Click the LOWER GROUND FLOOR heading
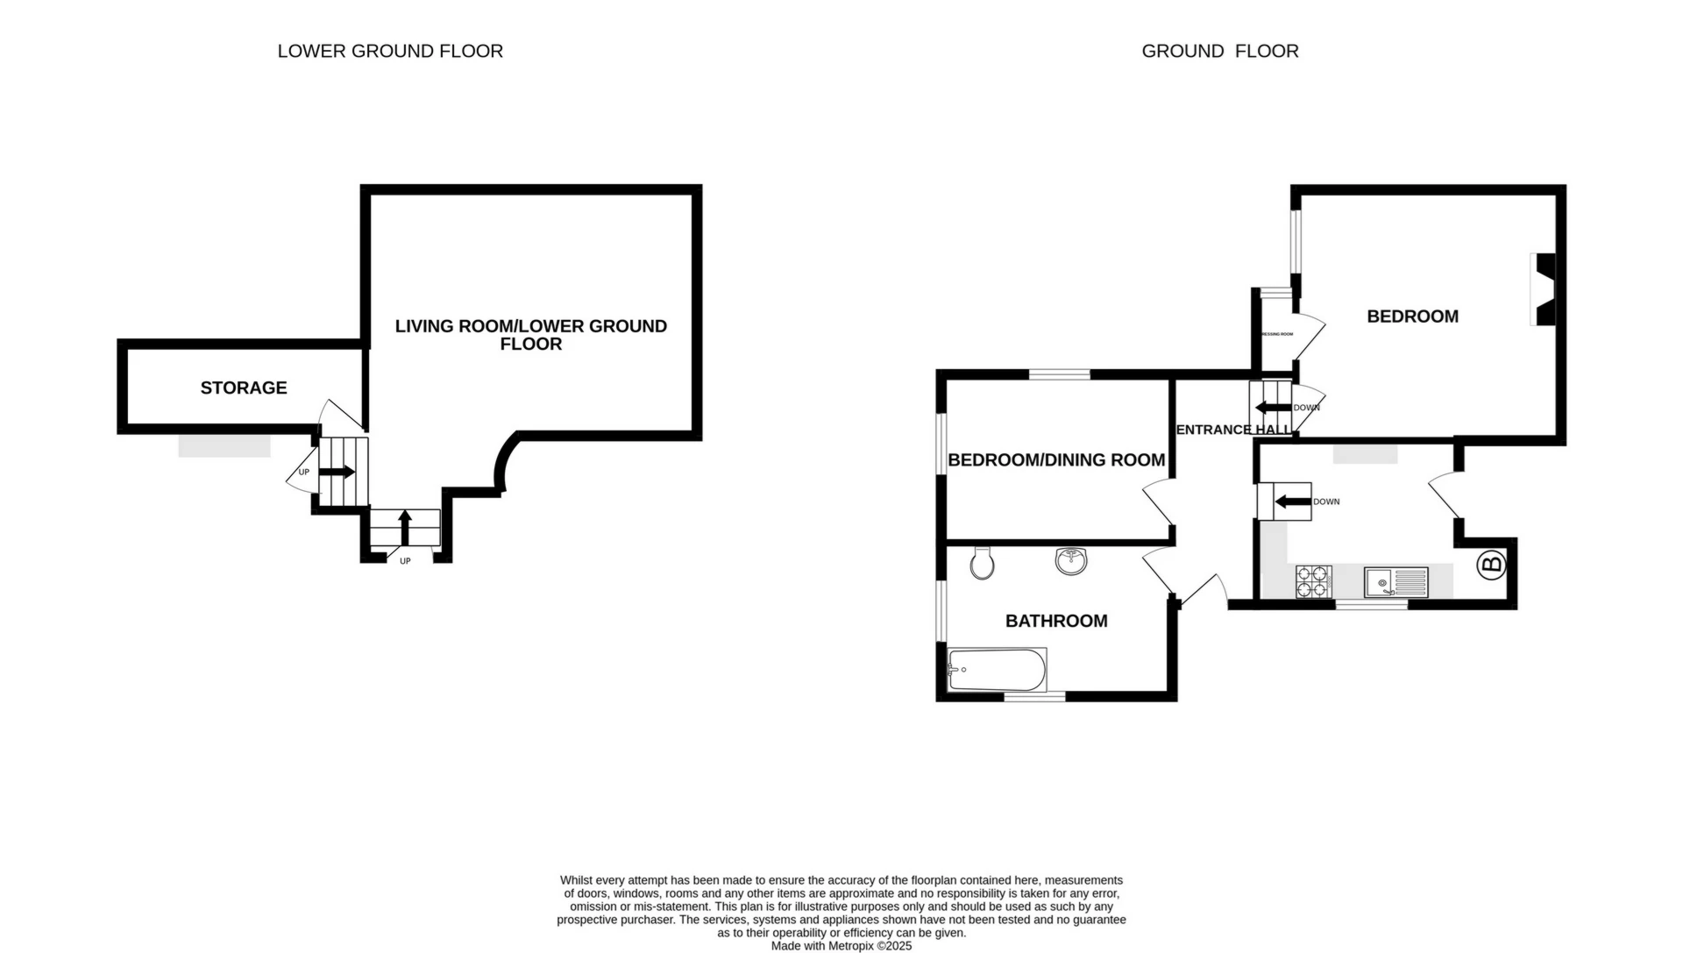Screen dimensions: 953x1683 [x=390, y=52]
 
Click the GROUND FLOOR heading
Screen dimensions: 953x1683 [x=1219, y=52]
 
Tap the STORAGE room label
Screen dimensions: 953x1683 [x=244, y=388]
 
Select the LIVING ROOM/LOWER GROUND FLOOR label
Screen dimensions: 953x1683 [x=530, y=335]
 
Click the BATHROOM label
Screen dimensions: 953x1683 [x=1055, y=621]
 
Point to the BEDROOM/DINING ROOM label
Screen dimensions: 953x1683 [x=1055, y=460]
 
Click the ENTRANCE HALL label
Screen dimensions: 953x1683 [x=1232, y=430]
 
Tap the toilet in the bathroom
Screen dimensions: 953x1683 [x=982, y=563]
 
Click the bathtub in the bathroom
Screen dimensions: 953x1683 [x=998, y=670]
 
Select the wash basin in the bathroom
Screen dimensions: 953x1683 [x=1071, y=560]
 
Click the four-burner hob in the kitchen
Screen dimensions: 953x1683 [x=1312, y=582]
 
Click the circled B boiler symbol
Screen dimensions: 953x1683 [x=1492, y=565]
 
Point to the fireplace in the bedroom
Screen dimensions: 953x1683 [x=1545, y=290]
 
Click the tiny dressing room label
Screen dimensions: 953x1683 [x=1277, y=334]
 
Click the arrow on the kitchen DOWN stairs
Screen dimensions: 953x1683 [x=1293, y=502]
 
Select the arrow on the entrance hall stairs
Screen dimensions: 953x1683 [x=1273, y=408]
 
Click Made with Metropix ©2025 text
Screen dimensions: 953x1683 [x=841, y=946]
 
